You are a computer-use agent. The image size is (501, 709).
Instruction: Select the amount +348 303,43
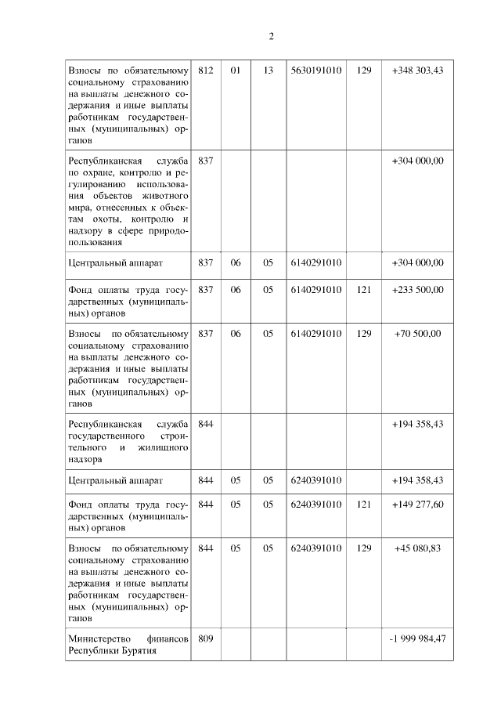(x=417, y=71)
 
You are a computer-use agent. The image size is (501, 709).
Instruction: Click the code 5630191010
(x=315, y=71)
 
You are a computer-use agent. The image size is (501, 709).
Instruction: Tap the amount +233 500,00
(x=417, y=290)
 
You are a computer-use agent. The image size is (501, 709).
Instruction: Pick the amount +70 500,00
(x=417, y=334)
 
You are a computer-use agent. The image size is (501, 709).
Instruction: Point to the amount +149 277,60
(x=417, y=505)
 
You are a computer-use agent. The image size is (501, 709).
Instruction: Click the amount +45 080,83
(x=417, y=548)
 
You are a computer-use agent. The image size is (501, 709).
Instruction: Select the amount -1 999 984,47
(x=417, y=639)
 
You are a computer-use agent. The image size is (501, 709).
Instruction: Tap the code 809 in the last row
(x=206, y=639)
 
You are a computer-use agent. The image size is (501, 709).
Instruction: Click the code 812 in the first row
(x=206, y=71)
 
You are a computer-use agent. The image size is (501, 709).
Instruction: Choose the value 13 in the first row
(x=268, y=71)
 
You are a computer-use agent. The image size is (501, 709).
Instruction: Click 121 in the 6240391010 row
(x=363, y=505)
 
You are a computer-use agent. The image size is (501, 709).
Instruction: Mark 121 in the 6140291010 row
(x=363, y=290)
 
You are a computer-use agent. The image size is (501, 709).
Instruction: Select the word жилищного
(x=162, y=448)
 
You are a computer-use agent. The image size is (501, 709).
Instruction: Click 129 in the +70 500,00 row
(x=363, y=334)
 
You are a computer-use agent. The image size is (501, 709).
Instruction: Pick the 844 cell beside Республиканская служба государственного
(x=206, y=424)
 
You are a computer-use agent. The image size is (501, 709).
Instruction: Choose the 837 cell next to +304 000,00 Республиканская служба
(x=206, y=161)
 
